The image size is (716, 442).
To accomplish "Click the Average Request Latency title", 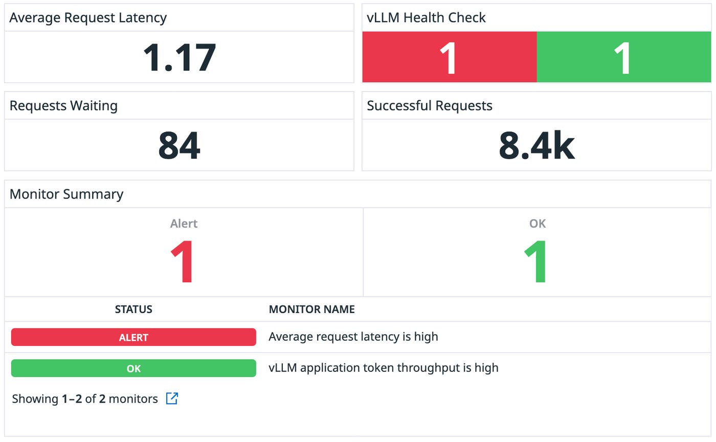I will [88, 18].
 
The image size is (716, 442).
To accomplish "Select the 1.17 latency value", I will [179, 57].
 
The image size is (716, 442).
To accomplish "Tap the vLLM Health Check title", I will [426, 18].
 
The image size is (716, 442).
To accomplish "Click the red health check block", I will [449, 57].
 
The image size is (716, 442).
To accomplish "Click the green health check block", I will [623, 57].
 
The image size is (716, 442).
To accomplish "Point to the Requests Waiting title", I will [63, 106].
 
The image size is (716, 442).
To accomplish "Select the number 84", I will [179, 146].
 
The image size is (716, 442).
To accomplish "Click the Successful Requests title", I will [430, 106].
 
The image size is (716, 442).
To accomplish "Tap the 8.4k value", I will [536, 146].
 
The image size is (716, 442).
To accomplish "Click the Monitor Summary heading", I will [66, 194].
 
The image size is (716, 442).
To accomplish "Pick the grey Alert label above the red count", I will [184, 224].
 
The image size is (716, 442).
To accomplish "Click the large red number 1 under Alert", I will [183, 262].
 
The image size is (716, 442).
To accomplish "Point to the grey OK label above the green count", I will [538, 224].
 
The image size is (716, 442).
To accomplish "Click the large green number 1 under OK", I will [536, 262].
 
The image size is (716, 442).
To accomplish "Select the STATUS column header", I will [133, 310].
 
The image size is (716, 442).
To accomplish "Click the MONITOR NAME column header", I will [311, 310].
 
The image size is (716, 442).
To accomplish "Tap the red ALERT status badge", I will [133, 337].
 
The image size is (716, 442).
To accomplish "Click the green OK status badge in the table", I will [133, 368].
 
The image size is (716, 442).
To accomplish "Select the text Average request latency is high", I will [353, 337].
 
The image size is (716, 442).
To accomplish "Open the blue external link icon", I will [172, 399].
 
